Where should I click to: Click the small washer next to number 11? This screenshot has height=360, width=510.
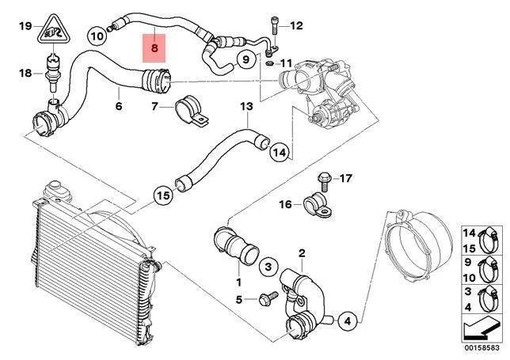270,62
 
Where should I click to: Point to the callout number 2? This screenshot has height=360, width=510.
301,254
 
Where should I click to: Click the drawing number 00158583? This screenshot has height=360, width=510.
480,346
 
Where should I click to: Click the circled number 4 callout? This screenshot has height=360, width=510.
347,320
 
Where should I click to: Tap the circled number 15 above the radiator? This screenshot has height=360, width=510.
162,194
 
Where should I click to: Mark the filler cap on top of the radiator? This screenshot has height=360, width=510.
56,190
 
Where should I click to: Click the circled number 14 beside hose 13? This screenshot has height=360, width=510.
279,152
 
